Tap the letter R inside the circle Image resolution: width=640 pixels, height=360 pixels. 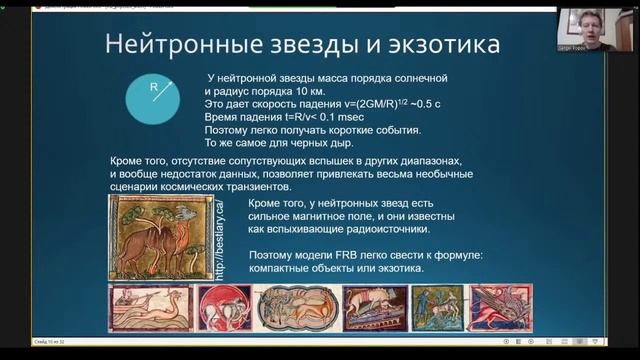[x=154, y=87]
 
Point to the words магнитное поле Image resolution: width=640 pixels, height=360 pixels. [x=346, y=215]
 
